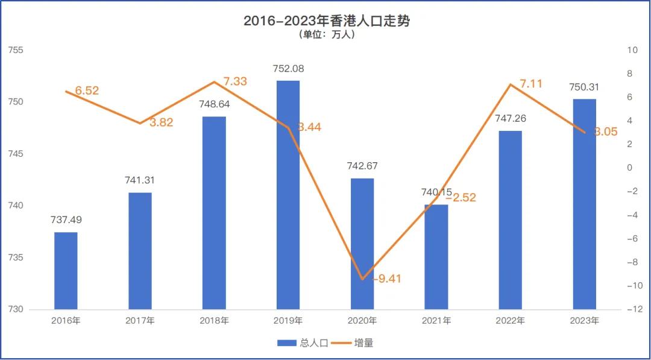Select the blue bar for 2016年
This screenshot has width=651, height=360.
click(x=66, y=271)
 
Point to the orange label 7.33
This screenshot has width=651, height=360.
click(x=235, y=81)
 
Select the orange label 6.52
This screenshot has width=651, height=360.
click(x=87, y=91)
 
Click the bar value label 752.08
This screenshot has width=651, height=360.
click(x=288, y=69)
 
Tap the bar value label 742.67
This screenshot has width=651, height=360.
click(x=362, y=166)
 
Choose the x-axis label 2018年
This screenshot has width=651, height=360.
click(x=214, y=321)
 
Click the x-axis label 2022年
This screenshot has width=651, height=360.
click(x=510, y=321)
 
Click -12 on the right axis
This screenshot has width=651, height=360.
click(x=634, y=309)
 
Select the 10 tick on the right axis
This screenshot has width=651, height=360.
click(x=633, y=50)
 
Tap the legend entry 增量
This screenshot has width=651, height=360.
click(x=356, y=343)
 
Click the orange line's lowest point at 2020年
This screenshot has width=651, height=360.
click(x=362, y=279)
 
